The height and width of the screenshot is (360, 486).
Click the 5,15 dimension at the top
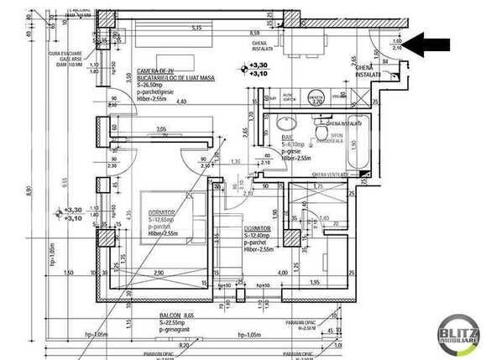pos(197,28)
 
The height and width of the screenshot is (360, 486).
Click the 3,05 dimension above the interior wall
pos(161,129)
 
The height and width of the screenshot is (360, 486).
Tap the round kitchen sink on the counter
pos(316,98)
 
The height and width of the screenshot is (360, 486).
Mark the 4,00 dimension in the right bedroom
pos(283,274)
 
